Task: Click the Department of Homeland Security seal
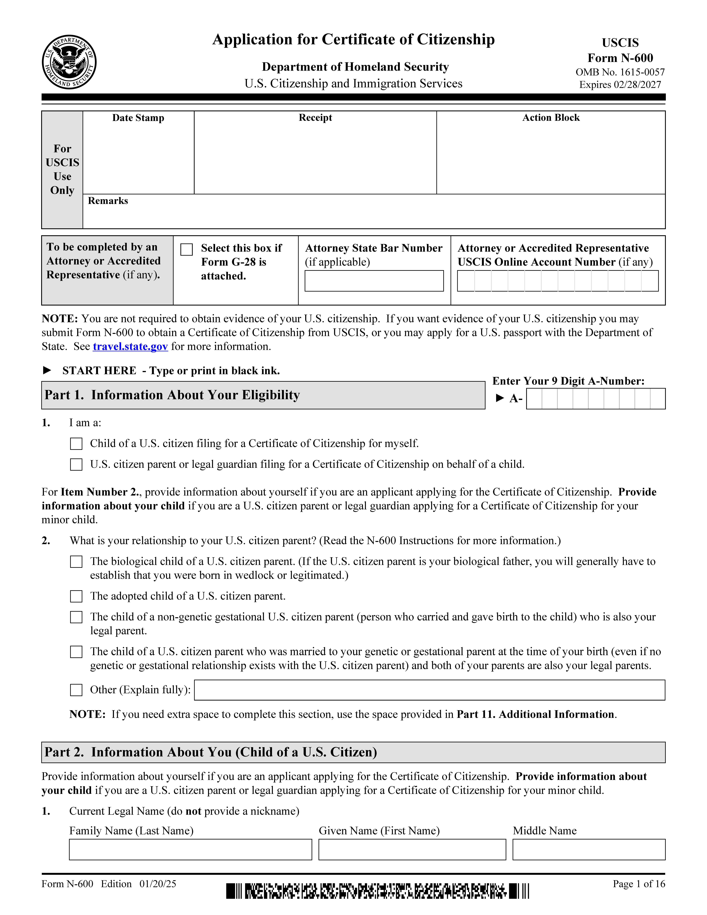coord(69,62)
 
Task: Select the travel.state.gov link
coord(130,346)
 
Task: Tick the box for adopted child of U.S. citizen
coord(76,596)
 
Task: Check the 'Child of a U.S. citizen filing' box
coord(76,444)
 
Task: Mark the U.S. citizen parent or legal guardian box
coord(76,465)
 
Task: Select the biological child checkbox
coord(76,562)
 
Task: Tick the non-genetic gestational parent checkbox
coord(76,617)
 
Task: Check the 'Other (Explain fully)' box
coord(76,690)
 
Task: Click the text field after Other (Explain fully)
coord(429,690)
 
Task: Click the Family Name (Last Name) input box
coord(191,850)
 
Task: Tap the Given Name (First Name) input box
coord(412,850)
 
